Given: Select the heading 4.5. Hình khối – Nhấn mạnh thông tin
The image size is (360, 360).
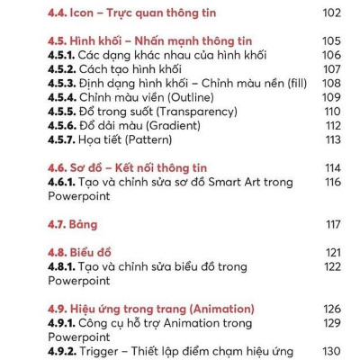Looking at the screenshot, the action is click(x=149, y=40).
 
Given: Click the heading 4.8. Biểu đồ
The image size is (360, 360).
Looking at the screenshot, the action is click(x=85, y=253).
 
